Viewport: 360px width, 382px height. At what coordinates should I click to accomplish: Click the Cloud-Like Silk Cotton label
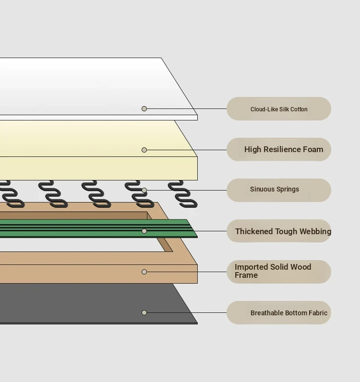(279, 109)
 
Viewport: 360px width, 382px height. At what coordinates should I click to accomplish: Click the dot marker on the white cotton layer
(144, 108)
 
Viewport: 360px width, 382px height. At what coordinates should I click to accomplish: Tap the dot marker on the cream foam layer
(144, 150)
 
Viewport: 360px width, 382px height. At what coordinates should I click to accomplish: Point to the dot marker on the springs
(144, 190)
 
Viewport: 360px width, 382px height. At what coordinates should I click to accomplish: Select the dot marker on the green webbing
(144, 231)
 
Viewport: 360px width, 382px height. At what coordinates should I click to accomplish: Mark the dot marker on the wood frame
(144, 272)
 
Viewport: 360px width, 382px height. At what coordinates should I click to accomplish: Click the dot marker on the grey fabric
(144, 312)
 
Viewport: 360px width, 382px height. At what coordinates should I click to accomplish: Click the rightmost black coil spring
(183, 194)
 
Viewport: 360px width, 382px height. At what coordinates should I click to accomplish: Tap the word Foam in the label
(313, 149)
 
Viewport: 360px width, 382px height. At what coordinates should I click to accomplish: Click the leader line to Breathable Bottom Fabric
(187, 312)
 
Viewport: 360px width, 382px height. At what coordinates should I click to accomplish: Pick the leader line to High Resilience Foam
(187, 150)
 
